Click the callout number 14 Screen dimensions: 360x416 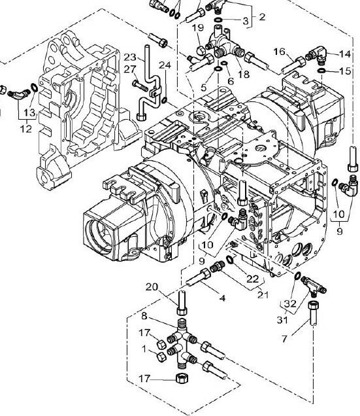click(345, 54)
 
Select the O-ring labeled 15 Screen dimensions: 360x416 click(322, 71)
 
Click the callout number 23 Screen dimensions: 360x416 click(130, 57)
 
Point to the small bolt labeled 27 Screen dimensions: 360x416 click(140, 86)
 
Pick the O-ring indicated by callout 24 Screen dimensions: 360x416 click(164, 100)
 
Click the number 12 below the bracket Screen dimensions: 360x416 click(26, 129)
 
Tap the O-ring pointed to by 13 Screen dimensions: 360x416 click(34, 87)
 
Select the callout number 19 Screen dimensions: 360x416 click(197, 27)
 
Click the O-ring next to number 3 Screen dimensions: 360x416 click(219, 20)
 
